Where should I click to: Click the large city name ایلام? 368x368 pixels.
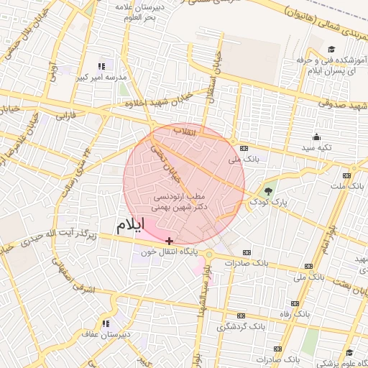130,225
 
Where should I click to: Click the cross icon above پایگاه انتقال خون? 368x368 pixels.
169,241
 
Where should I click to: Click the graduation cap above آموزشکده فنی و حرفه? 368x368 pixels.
331,50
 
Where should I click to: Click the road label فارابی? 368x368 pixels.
66,114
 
